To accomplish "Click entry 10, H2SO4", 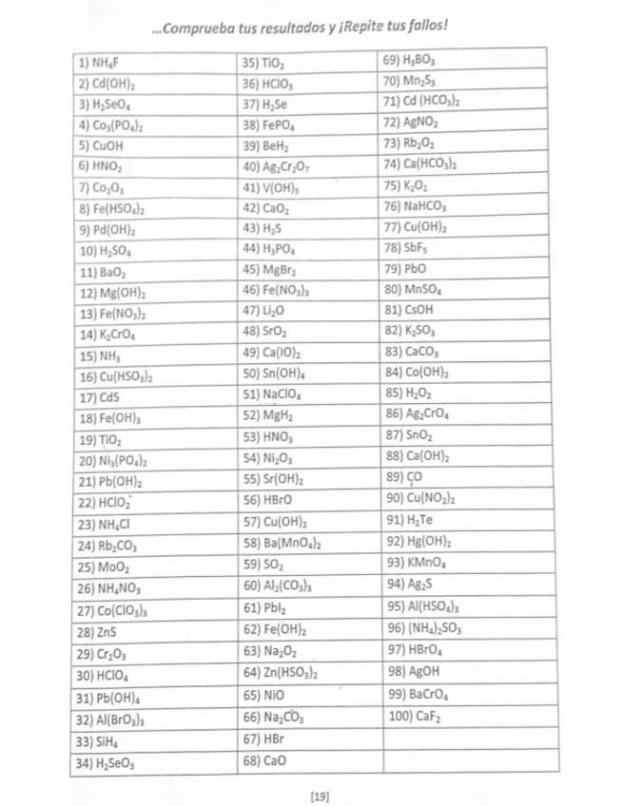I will [x=104, y=251].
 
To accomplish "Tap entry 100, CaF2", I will [x=413, y=712].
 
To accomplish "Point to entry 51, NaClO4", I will [x=270, y=394].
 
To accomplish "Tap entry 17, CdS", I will [x=96, y=396].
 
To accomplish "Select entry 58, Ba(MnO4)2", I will [x=280, y=544].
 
